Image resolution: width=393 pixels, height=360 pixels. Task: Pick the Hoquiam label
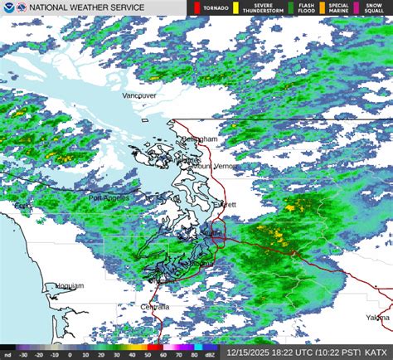click(x=67, y=285)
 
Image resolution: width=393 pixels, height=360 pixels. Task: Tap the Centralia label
click(x=155, y=307)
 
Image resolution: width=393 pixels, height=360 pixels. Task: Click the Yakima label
click(x=378, y=318)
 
